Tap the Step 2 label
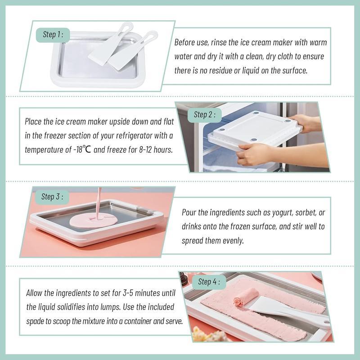[x=205, y=115]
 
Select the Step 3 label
[x=52, y=197]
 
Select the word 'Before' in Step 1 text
[x=186, y=43]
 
